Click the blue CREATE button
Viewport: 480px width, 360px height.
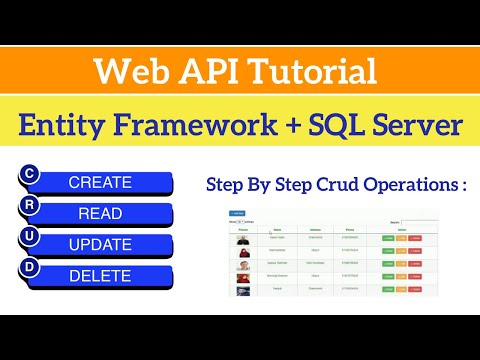(x=100, y=182)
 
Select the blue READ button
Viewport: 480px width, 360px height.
(x=100, y=213)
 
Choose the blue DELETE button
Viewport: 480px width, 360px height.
(x=100, y=276)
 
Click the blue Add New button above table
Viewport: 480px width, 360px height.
(x=237, y=213)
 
